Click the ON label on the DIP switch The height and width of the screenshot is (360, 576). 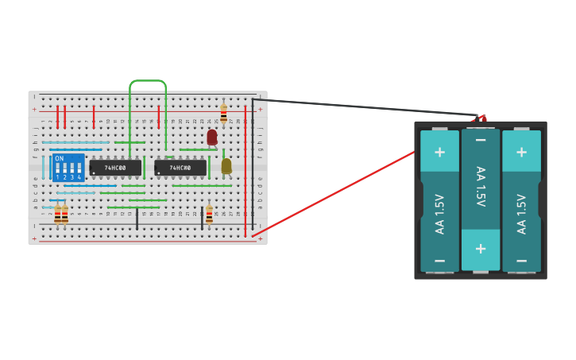tap(60, 159)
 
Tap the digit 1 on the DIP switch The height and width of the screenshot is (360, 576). tap(57, 177)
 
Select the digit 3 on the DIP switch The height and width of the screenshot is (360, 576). tap(72, 177)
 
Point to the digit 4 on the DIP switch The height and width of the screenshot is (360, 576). tap(79, 177)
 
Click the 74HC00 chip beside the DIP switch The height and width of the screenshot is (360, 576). tap(115, 168)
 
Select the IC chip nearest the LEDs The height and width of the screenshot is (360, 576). tap(180, 168)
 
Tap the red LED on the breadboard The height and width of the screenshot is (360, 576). tap(212, 137)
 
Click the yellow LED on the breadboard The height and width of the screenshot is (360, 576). tap(226, 165)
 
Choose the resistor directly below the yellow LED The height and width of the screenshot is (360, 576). tap(209, 214)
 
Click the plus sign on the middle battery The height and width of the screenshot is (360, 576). tap(481, 247)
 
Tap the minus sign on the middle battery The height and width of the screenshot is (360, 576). tap(481, 141)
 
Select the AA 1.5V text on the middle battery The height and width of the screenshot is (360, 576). tap(481, 187)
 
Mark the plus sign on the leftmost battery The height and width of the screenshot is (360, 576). tap(439, 151)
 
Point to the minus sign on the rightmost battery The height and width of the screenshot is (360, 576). tap(521, 261)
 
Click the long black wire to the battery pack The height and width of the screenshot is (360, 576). tap(365, 107)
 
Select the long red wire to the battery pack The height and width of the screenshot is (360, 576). tap(334, 194)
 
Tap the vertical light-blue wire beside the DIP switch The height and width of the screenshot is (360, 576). tap(44, 168)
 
